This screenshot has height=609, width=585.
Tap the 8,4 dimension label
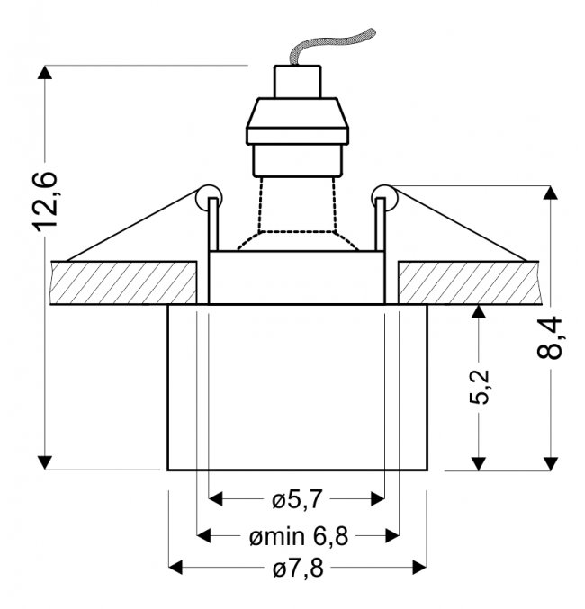coord(550,337)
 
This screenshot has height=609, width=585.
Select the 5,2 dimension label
coord(479,387)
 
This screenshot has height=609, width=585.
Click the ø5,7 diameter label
coord(297,499)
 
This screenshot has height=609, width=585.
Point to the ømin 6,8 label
coord(299,537)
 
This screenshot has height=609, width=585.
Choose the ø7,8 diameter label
coord(298,569)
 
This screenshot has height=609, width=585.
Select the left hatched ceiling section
coord(123,282)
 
